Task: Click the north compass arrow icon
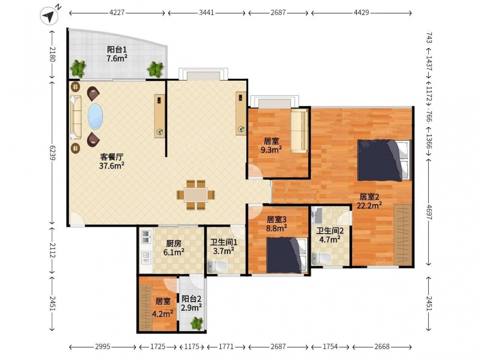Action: click(x=49, y=16)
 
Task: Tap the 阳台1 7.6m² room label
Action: click(x=117, y=54)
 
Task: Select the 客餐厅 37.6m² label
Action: click(x=112, y=161)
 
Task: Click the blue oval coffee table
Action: click(x=95, y=116)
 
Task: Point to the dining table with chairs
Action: click(x=196, y=195)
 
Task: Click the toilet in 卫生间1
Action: click(x=217, y=266)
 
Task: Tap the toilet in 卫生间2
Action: click(x=321, y=258)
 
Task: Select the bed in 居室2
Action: click(x=384, y=160)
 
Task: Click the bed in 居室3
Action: click(x=287, y=255)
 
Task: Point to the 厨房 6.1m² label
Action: click(x=174, y=248)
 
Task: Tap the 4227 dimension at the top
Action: click(x=117, y=13)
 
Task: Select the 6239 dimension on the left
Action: click(x=52, y=152)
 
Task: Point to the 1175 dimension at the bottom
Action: click(x=192, y=347)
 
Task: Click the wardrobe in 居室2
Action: click(x=403, y=235)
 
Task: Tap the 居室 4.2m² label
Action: click(x=163, y=307)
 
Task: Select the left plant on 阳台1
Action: click(x=78, y=69)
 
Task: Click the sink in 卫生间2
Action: click(x=317, y=215)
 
